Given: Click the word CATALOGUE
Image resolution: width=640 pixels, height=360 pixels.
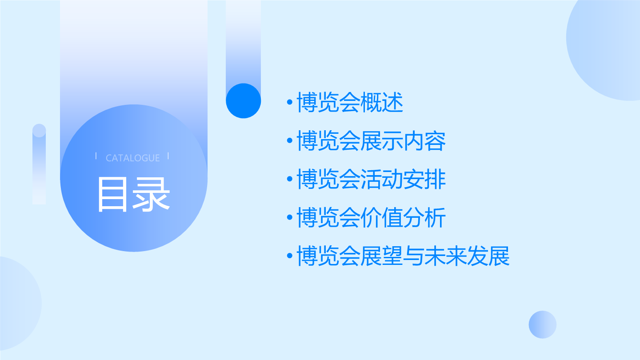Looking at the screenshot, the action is click(x=132, y=158).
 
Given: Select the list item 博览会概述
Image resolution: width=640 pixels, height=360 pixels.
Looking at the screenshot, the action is click(x=350, y=102).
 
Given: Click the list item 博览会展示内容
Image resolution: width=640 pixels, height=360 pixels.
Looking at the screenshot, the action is click(x=371, y=140).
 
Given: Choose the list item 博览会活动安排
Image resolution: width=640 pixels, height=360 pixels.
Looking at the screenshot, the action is click(x=371, y=179).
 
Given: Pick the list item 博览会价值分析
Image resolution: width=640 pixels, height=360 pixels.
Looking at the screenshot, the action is click(x=371, y=217).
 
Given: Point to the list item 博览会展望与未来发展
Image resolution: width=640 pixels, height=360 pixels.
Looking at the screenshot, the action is click(x=403, y=256).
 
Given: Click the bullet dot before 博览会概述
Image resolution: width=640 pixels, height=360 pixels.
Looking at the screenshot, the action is click(x=290, y=102).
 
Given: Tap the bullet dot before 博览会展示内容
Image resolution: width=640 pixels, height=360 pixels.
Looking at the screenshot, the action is click(x=290, y=140).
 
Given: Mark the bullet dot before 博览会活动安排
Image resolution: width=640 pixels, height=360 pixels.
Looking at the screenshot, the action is click(x=290, y=179).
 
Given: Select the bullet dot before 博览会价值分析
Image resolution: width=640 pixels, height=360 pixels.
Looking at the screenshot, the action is click(x=290, y=217).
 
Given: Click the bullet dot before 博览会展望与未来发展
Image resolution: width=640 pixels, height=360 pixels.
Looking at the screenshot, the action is click(x=290, y=256).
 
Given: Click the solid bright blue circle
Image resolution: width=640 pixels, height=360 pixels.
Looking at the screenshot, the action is click(x=244, y=101).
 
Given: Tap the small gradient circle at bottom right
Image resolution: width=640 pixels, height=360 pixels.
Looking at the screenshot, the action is click(x=543, y=324).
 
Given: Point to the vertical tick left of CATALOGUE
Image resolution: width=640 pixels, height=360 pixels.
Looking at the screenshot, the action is click(x=96, y=156).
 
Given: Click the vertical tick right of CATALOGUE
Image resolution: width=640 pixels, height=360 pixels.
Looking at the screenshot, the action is click(x=168, y=156).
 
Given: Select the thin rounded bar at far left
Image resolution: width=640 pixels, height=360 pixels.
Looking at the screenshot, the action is click(x=39, y=164).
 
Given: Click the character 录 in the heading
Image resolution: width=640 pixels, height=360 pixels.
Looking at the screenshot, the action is click(x=152, y=195).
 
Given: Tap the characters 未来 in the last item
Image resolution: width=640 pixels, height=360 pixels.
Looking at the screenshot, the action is click(x=446, y=256).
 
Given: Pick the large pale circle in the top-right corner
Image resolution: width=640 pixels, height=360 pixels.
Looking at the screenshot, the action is click(x=606, y=48).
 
